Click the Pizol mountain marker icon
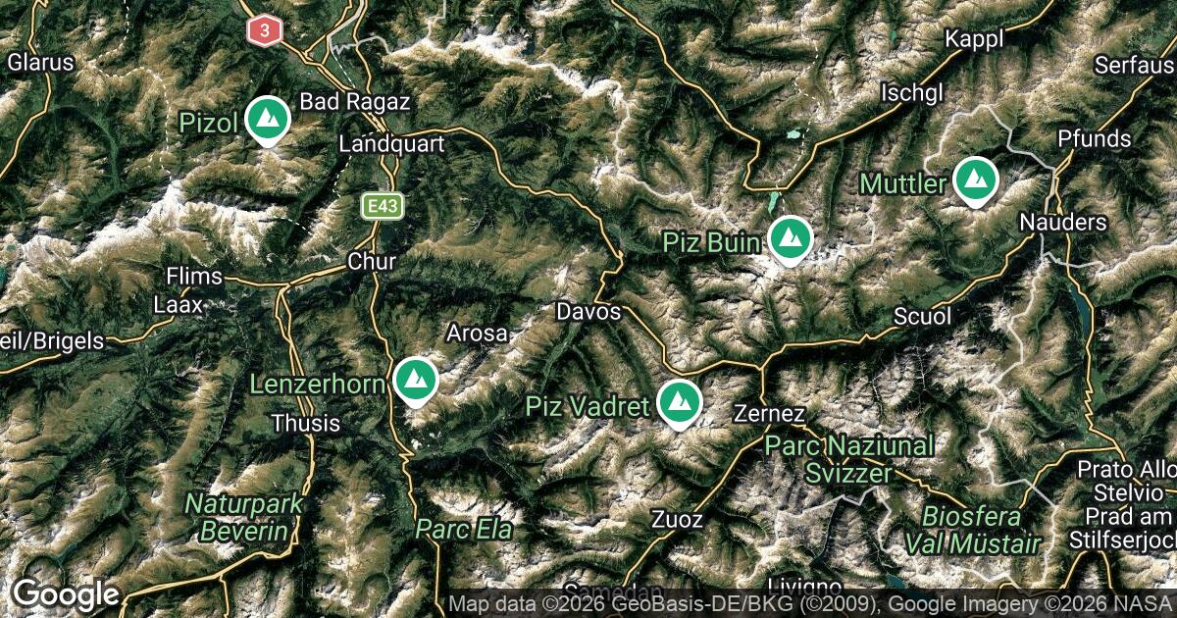tap(267, 119)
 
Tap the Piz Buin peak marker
tap(789, 238)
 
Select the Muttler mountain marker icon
tap(975, 180)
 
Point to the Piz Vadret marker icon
tap(678, 402)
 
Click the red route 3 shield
tap(264, 30)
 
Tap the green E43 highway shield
tap(381, 206)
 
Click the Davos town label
tap(588, 312)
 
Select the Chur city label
tap(372, 262)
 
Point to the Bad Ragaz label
tap(354, 102)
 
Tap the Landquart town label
tap(391, 144)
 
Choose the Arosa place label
tap(478, 334)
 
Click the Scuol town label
tap(923, 317)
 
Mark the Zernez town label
tap(770, 414)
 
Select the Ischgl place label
tap(912, 93)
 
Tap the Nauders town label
tap(1063, 223)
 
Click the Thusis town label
tap(305, 424)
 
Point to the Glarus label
tap(40, 63)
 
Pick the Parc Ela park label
tap(464, 530)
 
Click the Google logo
tap(66, 594)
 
